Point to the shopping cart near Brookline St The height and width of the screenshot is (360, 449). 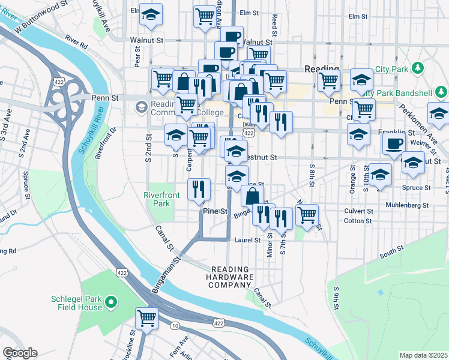[x=146, y=319]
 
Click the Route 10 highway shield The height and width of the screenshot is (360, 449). [x=174, y=325]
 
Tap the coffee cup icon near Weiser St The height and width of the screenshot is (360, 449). [x=394, y=144]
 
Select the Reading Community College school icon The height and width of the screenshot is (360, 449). [x=142, y=107]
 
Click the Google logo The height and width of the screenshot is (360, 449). [x=20, y=353]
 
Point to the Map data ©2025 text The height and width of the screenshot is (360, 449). [x=423, y=355]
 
